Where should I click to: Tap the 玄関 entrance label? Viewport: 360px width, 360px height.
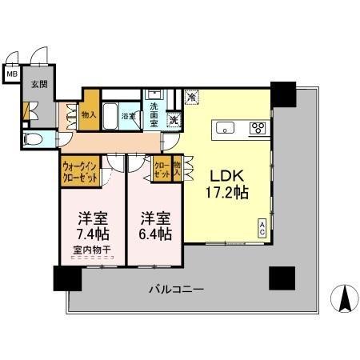[38, 83]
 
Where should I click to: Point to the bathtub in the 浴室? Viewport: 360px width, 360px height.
[113, 111]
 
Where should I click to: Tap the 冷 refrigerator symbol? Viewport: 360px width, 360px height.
[192, 97]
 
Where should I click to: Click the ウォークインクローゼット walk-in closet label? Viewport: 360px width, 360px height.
[80, 173]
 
